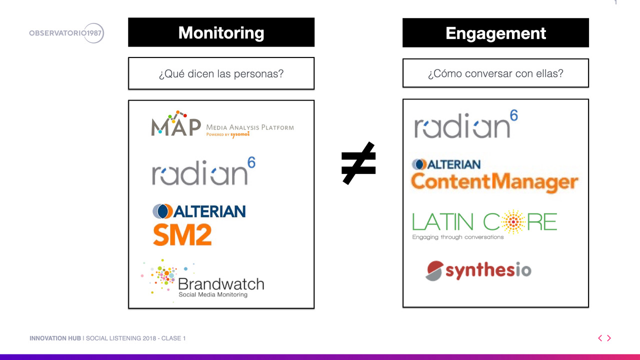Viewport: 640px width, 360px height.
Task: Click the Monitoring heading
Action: [221, 32]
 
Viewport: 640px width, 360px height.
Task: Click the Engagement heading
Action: [495, 33]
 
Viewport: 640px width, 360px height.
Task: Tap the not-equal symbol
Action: [358, 163]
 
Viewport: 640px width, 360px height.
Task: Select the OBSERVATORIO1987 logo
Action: [66, 33]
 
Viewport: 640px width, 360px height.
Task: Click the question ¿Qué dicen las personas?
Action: [221, 73]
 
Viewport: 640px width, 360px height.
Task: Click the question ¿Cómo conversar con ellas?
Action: [495, 73]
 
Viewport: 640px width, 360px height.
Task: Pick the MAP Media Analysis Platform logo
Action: [222, 124]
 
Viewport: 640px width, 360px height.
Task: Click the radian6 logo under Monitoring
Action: [203, 171]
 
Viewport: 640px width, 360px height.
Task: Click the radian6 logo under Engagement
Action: [466, 124]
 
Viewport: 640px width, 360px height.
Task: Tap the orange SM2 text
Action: [182, 235]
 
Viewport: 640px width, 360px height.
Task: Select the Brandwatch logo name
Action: [221, 284]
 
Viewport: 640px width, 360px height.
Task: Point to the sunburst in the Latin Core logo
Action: [513, 221]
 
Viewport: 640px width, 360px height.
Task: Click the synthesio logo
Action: [478, 270]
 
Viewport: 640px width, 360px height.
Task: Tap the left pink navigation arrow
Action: [600, 338]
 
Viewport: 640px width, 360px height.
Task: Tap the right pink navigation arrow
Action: [609, 338]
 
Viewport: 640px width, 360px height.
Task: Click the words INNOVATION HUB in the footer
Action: [55, 338]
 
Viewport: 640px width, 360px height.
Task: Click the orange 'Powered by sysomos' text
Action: [228, 134]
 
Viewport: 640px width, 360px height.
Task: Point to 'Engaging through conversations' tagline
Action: [457, 237]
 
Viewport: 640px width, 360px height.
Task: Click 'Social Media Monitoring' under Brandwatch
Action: [213, 294]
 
